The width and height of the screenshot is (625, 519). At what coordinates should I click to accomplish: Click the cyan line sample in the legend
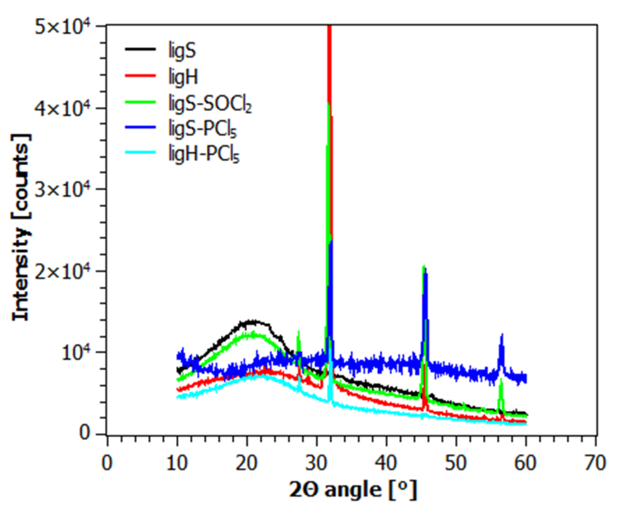coord(140,152)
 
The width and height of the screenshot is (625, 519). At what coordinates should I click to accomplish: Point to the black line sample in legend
coord(140,49)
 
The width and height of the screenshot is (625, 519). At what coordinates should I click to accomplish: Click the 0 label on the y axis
coord(85,433)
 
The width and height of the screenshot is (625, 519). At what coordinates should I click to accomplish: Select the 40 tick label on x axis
coord(386,463)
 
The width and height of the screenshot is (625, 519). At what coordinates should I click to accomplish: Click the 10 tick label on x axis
coord(177,463)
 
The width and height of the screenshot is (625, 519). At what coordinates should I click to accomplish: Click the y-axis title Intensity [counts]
coord(21,228)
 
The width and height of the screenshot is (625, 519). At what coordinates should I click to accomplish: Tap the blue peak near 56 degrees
coord(502,336)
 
